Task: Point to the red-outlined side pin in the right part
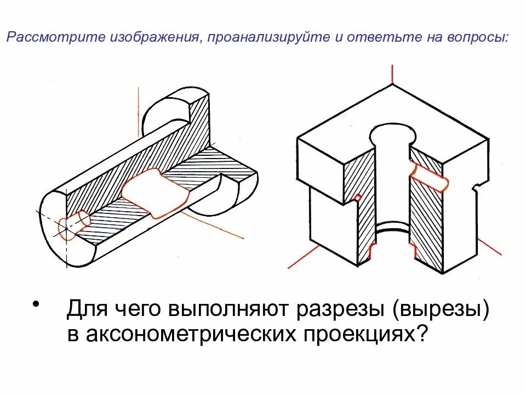(430, 176)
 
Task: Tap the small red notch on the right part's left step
(357, 197)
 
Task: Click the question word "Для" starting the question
(85, 311)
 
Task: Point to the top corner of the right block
(392, 84)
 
